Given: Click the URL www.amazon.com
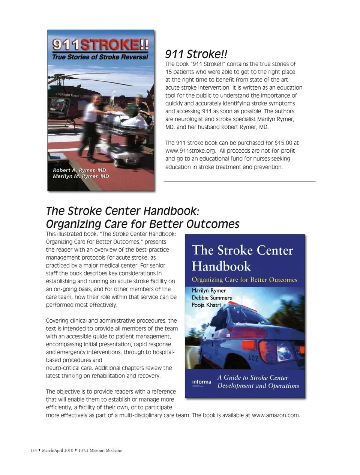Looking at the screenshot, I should [x=276, y=415].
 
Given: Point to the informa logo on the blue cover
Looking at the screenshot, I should [x=201, y=382].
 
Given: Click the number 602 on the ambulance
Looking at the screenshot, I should [x=253, y=358].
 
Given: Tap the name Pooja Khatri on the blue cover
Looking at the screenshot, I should [x=206, y=305].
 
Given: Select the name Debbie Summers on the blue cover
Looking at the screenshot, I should [x=211, y=298].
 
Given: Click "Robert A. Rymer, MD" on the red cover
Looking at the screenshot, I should [x=79, y=170].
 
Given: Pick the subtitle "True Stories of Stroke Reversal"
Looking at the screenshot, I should [x=100, y=57].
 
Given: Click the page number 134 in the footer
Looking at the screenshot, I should [x=33, y=450].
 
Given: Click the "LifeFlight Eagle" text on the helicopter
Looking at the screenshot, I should [x=67, y=95].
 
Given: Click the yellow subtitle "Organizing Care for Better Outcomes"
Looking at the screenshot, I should [x=244, y=280].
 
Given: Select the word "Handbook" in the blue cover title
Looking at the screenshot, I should [x=221, y=266].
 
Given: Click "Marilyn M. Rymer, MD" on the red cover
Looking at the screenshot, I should [x=81, y=176].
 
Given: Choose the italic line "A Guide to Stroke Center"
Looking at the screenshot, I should [x=253, y=378].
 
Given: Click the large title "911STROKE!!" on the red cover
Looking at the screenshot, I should [x=100, y=45].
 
